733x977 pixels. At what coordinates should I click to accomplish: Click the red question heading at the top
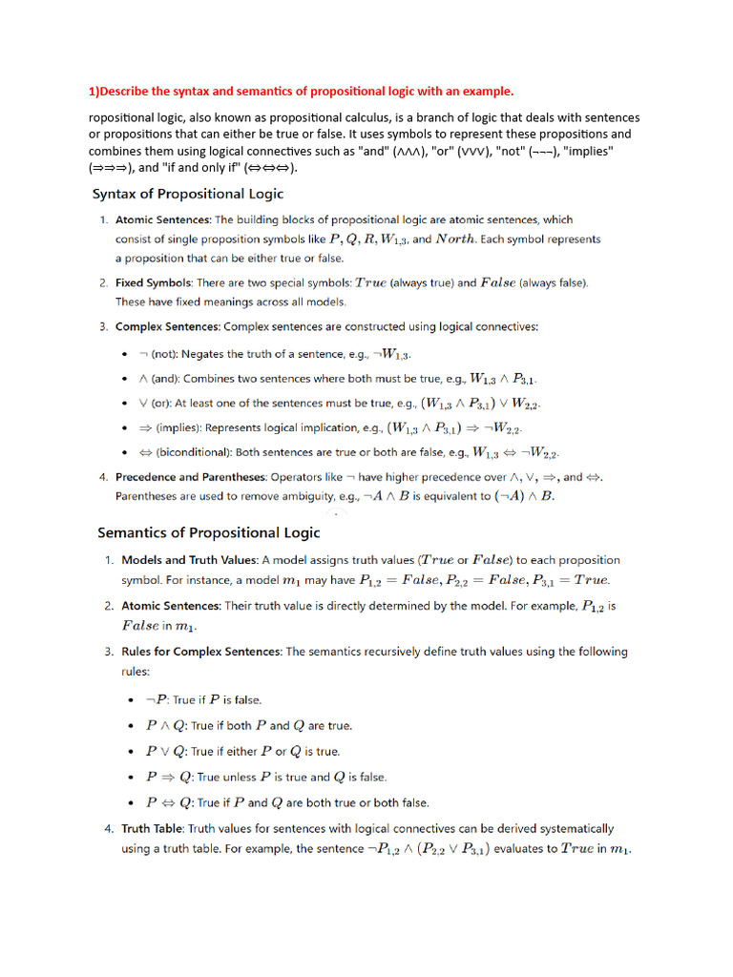point(301,92)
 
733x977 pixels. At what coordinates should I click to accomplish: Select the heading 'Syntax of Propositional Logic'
point(187,195)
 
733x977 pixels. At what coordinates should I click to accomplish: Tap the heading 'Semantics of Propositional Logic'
point(209,532)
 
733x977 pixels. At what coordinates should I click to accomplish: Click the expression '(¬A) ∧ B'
point(520,496)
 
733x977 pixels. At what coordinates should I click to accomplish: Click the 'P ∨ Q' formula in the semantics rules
point(165,751)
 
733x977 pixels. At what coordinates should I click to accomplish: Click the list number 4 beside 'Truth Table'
point(108,829)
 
